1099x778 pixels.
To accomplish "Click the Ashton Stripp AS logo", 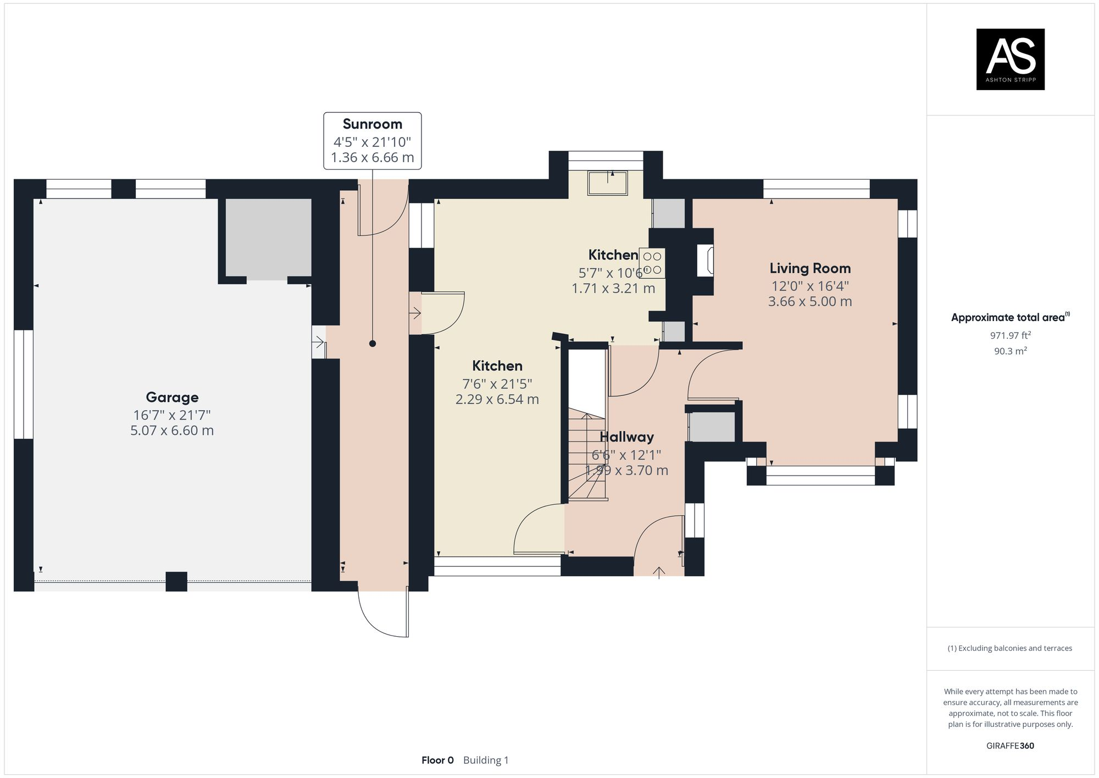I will point(1010,59).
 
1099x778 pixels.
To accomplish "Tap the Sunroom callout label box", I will point(373,141).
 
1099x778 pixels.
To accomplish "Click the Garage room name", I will point(172,397).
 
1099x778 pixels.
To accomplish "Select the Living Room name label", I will point(810,268).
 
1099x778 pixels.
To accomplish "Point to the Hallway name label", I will point(626,437).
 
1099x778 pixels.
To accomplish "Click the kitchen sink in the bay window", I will point(607,183).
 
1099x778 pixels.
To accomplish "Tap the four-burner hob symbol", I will point(652,263).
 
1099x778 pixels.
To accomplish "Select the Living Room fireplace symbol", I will point(706,261).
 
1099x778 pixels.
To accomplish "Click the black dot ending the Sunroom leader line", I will point(373,344).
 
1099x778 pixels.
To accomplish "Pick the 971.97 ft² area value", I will point(1010,335).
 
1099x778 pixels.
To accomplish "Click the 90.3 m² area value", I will point(1010,351).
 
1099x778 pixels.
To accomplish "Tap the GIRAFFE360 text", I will point(1010,746).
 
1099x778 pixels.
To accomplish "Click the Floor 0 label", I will point(437,760).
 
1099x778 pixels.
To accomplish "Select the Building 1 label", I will point(486,760).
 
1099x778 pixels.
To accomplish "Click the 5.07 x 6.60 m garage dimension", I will point(172,431).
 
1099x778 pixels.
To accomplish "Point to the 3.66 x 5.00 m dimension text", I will point(810,301).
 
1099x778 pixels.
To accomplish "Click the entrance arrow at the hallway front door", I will point(659,572).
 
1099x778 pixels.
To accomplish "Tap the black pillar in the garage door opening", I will point(176,581).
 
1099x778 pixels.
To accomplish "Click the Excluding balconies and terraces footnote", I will point(1010,648).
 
